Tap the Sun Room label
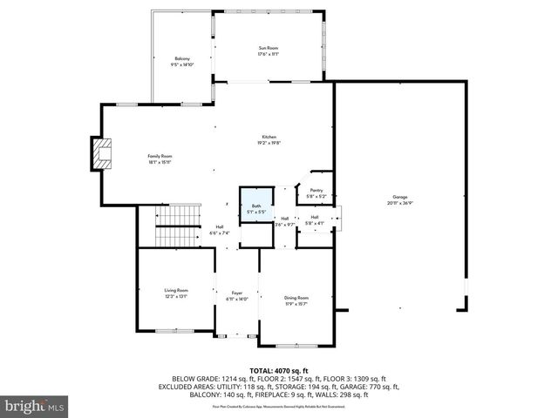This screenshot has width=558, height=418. (x=268, y=48)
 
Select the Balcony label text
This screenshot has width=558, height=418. (x=181, y=58)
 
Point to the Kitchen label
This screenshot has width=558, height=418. (x=269, y=138)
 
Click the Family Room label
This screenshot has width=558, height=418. (x=159, y=156)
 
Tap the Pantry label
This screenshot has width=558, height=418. (x=316, y=190)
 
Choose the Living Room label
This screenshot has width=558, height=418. (x=176, y=290)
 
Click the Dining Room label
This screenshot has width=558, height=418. (x=296, y=298)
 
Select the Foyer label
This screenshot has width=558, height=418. (x=237, y=293)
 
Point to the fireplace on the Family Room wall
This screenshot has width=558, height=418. (x=104, y=155)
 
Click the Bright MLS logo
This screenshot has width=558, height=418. (x=35, y=406)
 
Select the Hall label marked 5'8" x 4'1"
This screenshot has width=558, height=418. (x=315, y=217)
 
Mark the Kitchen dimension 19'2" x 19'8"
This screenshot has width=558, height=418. (x=269, y=144)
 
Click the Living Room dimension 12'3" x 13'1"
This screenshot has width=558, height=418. (x=176, y=296)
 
